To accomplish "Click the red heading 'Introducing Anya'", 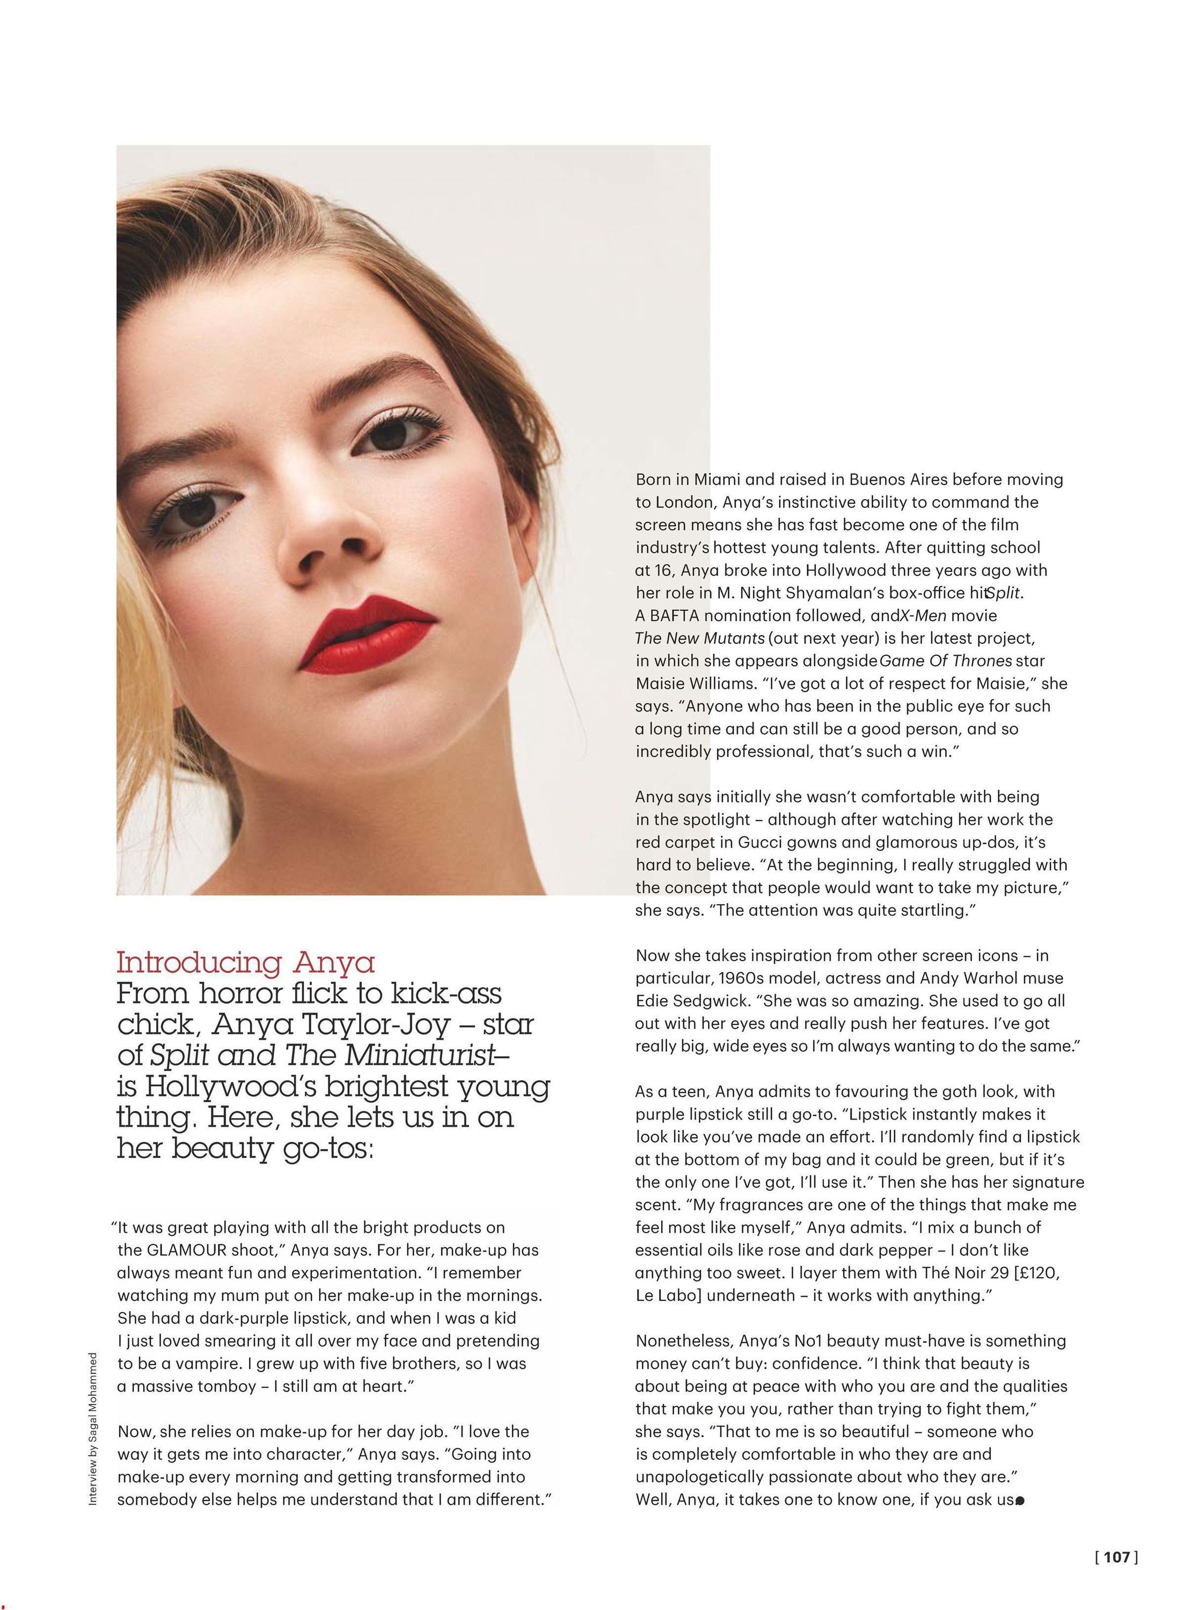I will click(246, 962).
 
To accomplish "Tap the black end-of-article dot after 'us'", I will click(1021, 1499).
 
